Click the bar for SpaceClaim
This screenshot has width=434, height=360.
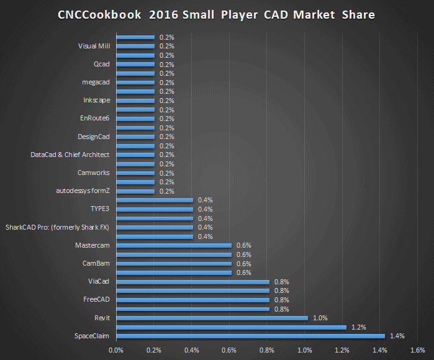coord(250,336)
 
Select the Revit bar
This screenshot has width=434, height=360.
coord(212,318)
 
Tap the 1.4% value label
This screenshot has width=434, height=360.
coord(397,336)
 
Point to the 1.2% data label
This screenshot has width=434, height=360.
coord(359,327)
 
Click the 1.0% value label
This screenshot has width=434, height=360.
coord(320,318)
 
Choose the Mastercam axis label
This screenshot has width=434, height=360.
coord(92,245)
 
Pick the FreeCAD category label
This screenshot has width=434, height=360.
coord(96,300)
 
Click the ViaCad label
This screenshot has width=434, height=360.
coord(99,282)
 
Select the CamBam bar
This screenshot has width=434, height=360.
coord(174,264)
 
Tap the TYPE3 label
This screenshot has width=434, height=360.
coord(100,209)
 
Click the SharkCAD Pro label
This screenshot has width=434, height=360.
coord(57,227)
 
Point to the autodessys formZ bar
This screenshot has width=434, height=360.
coord(135,191)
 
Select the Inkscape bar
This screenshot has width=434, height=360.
coord(135,101)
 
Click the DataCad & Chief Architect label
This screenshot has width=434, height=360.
coord(70,155)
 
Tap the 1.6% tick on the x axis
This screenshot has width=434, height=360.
coord(417,350)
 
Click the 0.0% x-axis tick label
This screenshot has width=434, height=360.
coord(116,350)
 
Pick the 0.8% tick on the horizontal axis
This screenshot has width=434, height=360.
coord(266,350)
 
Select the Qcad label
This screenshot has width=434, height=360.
coord(101,64)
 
